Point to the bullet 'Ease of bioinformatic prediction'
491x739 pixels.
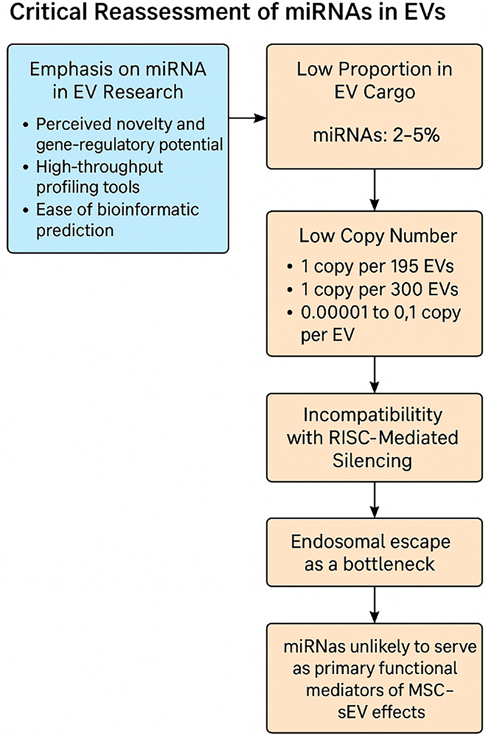(x=117, y=220)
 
